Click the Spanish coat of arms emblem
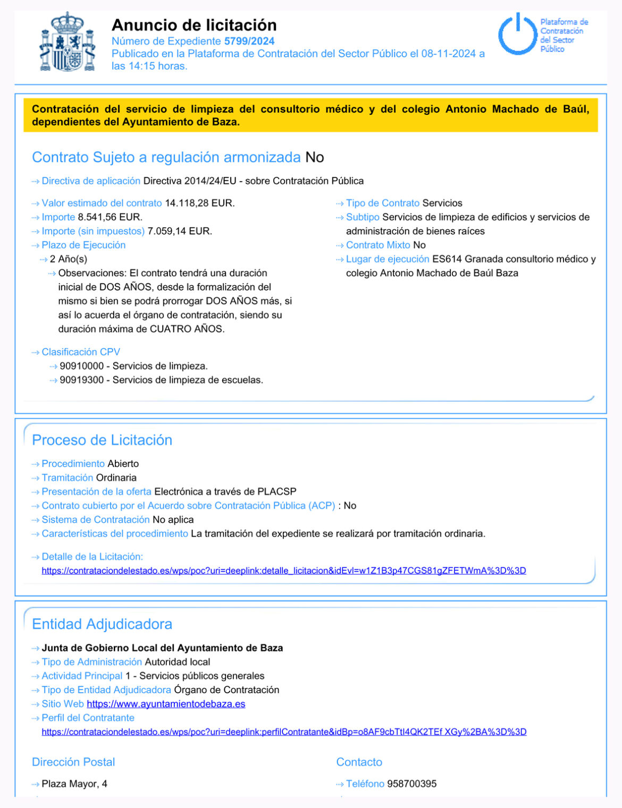68,42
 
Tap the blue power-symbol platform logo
517,35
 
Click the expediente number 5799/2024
249,41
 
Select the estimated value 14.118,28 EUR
199,203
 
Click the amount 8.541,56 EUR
110,217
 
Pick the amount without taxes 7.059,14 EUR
180,231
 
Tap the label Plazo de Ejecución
83,245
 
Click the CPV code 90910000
82,366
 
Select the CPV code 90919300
82,380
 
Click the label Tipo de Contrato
383,203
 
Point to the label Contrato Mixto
378,245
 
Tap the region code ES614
447,259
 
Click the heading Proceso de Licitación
102,440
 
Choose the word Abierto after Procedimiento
123,464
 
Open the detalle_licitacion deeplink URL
284,571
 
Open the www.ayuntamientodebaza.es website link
166,704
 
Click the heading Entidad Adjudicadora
102,624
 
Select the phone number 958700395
411,784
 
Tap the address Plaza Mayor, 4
74,784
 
